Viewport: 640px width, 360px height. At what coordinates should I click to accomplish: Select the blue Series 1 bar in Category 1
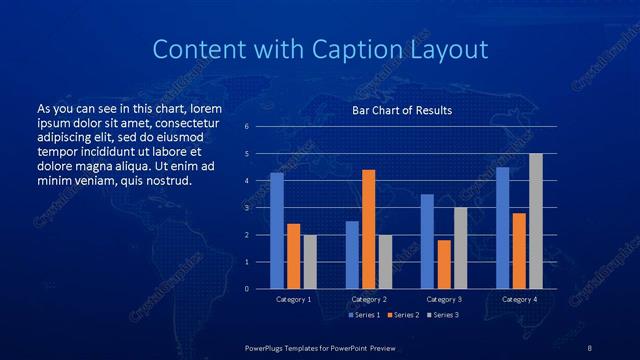(x=277, y=231)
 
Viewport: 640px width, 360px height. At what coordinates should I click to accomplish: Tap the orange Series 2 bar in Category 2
(x=369, y=229)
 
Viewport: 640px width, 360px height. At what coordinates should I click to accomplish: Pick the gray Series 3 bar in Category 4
(x=536, y=221)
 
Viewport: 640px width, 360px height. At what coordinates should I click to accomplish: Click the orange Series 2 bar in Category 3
(x=444, y=264)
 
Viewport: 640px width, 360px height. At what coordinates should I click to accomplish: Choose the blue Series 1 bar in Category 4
(x=503, y=228)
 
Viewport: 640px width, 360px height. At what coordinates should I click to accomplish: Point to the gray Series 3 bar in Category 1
(x=310, y=262)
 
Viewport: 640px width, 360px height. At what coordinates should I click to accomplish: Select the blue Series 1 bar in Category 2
(x=352, y=255)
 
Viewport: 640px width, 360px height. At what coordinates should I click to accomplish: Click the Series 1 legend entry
(x=365, y=315)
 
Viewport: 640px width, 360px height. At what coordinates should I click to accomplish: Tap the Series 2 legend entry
(x=403, y=315)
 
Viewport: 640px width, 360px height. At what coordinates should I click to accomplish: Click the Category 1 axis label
(x=294, y=299)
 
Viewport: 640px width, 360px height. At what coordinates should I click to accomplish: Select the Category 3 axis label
(x=444, y=299)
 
